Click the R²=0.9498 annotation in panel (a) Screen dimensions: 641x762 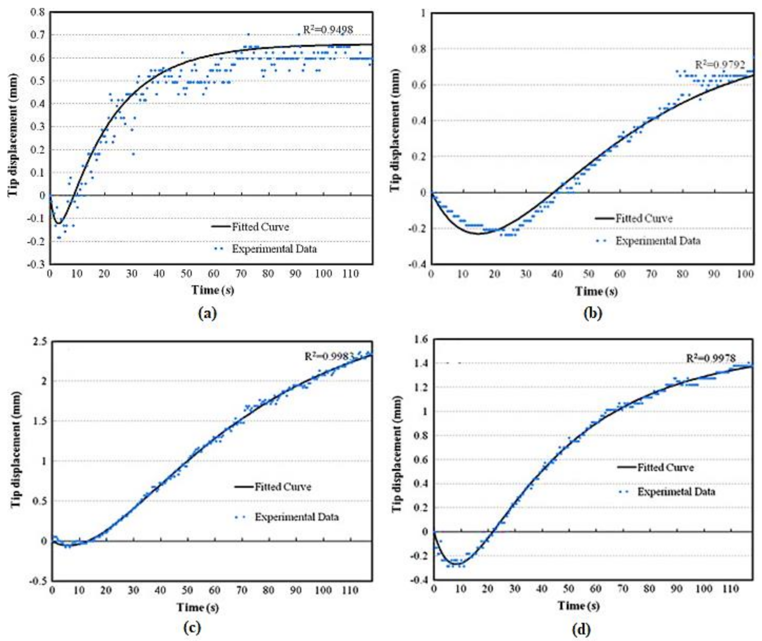point(328,30)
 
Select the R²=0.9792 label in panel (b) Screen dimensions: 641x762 point(720,64)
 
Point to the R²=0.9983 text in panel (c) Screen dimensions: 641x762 point(329,356)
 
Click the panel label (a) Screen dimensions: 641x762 point(207,313)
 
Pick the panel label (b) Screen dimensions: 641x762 point(592,313)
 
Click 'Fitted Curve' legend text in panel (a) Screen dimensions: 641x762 point(260,227)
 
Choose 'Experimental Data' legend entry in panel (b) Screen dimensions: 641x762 point(658,241)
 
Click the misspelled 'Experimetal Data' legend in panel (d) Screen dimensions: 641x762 point(676,491)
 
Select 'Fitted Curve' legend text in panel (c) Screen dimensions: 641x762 point(282,487)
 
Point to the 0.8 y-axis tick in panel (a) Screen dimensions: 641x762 point(37,11)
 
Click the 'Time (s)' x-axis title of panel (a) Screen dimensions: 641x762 point(213,290)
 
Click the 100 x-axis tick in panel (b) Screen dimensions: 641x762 point(745,274)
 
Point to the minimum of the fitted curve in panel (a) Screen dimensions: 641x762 point(58,223)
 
